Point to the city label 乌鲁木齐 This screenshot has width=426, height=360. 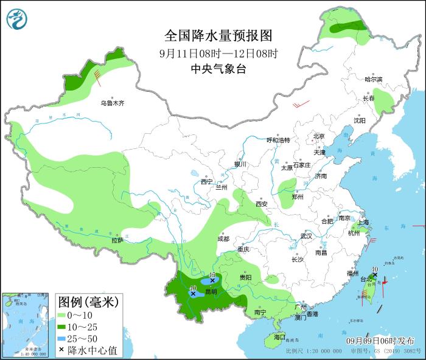[x=112, y=103]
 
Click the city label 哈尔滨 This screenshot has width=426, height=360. [x=373, y=80]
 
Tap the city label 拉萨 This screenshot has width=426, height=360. [x=117, y=241]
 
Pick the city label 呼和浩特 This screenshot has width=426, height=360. [x=279, y=140]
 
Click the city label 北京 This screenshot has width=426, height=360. [x=319, y=136]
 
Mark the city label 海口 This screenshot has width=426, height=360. [x=279, y=336]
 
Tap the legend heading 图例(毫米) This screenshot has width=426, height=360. [x=88, y=302]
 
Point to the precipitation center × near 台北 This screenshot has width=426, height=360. [x=375, y=275]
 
